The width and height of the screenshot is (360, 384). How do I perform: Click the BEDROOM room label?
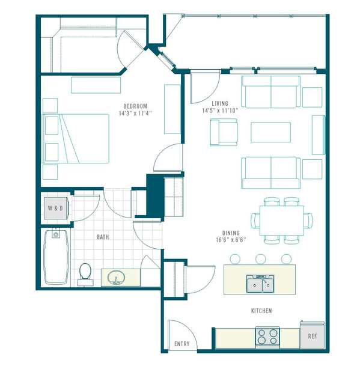tap(135, 106)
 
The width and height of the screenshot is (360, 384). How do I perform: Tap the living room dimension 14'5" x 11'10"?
tap(220, 111)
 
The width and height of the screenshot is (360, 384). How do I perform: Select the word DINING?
tap(231, 233)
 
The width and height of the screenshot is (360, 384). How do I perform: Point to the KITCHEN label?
tap(261, 311)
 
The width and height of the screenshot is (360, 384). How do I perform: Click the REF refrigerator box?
tap(313, 335)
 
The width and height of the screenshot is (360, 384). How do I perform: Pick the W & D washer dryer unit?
tap(55, 208)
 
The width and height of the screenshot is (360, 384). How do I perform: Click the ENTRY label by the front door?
tap(182, 344)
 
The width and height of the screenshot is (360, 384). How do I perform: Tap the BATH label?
tap(103, 237)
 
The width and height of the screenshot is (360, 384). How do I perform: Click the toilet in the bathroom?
tap(85, 274)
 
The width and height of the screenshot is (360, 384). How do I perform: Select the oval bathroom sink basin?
tap(116, 277)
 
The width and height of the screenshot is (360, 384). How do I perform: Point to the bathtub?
tap(56, 257)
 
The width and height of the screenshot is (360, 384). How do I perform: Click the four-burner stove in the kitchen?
tap(267, 337)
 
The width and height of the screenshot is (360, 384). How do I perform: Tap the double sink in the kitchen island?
tap(260, 284)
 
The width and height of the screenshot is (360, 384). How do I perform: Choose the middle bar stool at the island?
tap(261, 259)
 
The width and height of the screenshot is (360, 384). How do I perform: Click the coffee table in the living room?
tap(270, 132)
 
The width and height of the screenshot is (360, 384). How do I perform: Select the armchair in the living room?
tap(224, 132)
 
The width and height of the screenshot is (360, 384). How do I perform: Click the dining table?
tap(282, 221)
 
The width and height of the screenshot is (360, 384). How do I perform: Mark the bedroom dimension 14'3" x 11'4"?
tap(135, 113)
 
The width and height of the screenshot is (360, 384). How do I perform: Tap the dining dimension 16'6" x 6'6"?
tap(231, 240)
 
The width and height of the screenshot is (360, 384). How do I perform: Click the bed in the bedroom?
tap(76, 138)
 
